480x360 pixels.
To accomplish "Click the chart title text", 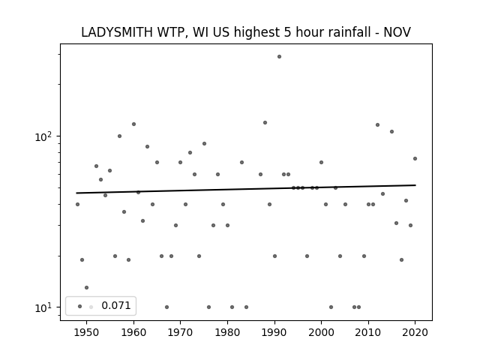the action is point(246,32).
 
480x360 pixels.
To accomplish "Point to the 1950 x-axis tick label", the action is point(87,332).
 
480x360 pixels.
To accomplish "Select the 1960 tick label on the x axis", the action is point(133,332).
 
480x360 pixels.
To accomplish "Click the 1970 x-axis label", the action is point(181,332).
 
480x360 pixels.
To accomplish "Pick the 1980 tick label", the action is point(227,332).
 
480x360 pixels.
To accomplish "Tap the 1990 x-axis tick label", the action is point(274,332).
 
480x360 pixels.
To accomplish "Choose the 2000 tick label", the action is point(322,332).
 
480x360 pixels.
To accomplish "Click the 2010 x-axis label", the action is point(368,332).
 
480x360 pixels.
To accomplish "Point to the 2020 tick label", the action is point(415,332).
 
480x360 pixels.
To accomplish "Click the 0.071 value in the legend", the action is point(116,305).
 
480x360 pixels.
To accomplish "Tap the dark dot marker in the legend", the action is point(80,306).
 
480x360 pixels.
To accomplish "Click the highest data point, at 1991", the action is point(279,57).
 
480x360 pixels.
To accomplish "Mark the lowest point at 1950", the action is point(87,288).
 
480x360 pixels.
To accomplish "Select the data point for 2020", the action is point(415,158).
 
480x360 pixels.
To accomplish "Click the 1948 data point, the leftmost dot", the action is point(77,204).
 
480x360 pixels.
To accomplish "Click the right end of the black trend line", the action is point(415,185).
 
